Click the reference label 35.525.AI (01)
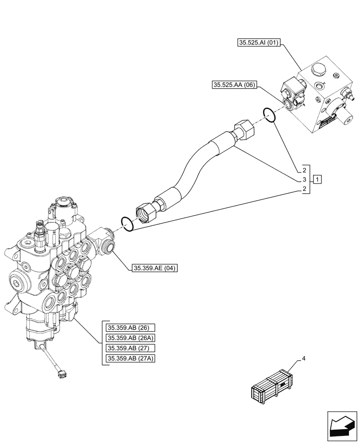click(259, 43)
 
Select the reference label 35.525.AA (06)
click(234, 85)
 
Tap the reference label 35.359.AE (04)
click(154, 268)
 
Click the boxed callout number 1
click(317, 179)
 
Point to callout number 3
click(305, 179)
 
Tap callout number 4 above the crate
click(304, 358)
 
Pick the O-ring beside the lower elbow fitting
click(127, 224)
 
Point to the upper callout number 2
click(305, 170)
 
